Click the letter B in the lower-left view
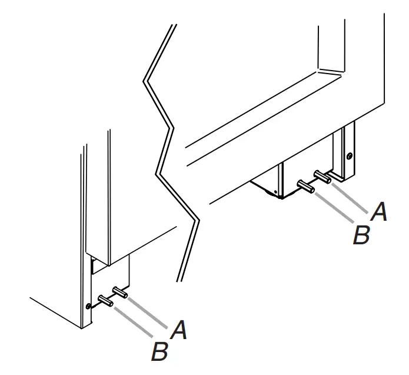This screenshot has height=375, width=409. pos(159,352)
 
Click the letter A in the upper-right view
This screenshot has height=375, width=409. pos(380,212)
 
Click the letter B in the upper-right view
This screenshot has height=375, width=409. pos(360,234)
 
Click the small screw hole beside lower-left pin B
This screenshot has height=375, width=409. pos(88,306)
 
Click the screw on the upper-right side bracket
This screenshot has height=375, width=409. pos(350,156)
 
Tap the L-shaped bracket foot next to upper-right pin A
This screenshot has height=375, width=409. pos(340,175)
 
